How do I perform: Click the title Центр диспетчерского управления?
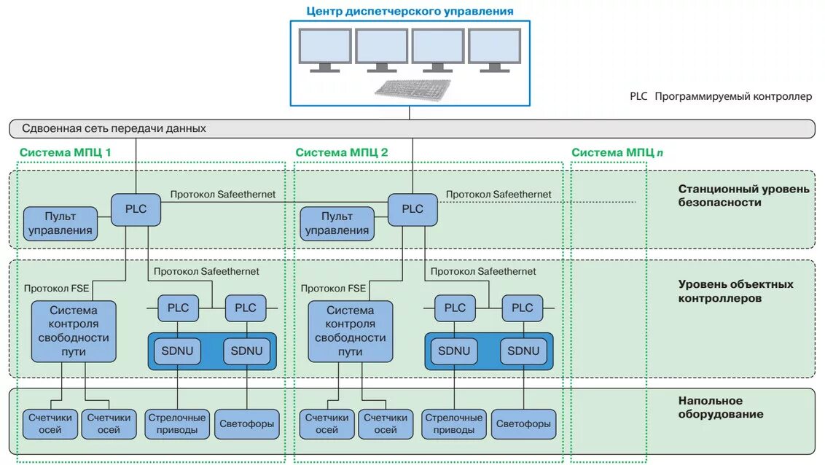410,11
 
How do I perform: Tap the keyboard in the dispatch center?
413,89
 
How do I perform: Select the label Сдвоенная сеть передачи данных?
114,128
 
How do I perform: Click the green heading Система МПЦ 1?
66,152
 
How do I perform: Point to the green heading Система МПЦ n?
617,152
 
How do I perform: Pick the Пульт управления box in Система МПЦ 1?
60,223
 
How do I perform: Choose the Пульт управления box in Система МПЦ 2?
337,223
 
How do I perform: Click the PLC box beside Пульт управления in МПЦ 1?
136,209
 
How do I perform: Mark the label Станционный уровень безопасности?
743,195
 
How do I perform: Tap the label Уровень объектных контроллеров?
735,291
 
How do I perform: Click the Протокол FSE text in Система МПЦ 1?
56,288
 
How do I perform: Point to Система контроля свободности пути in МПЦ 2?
350,331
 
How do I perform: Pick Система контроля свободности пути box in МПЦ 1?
74,331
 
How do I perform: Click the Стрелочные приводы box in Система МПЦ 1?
177,423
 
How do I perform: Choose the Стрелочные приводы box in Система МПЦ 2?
453,423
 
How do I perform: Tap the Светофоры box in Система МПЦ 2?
523,423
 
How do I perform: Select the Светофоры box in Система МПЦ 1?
247,423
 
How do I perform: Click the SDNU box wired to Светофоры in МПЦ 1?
246,351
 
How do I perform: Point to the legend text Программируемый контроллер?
732,96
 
